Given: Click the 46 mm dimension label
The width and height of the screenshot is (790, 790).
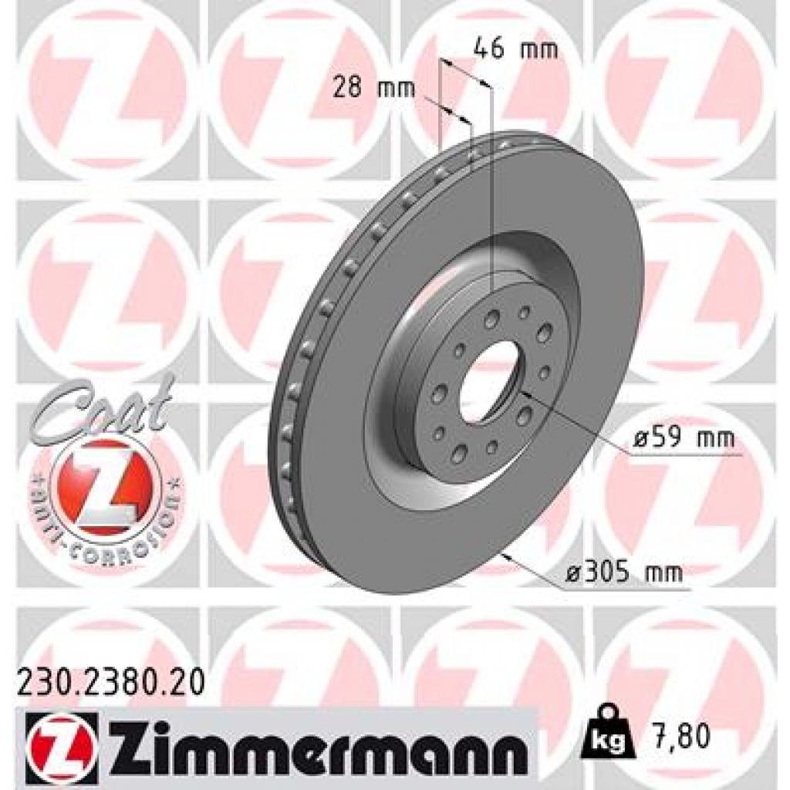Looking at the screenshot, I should [x=515, y=49].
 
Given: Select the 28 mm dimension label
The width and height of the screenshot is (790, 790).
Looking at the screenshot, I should [x=373, y=87].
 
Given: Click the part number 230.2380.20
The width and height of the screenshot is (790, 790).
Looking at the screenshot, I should [x=110, y=683].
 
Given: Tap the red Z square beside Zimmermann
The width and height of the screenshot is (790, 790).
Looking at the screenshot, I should [x=61, y=741].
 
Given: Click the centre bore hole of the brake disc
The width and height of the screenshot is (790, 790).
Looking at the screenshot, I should [x=489, y=381].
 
